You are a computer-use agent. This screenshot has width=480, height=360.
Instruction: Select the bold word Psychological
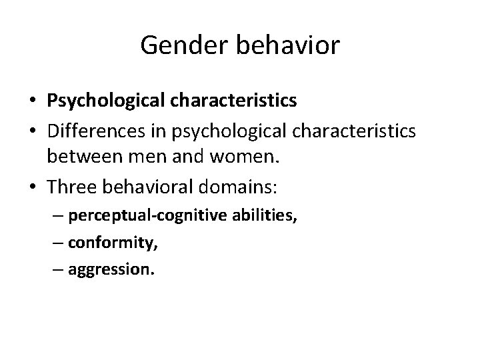[x=107, y=101]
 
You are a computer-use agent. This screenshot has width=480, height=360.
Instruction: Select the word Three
[x=73, y=187]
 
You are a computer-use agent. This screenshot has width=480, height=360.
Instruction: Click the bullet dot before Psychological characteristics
[x=35, y=101]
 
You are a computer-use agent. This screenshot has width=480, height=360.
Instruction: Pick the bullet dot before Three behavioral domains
[x=35, y=187]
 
